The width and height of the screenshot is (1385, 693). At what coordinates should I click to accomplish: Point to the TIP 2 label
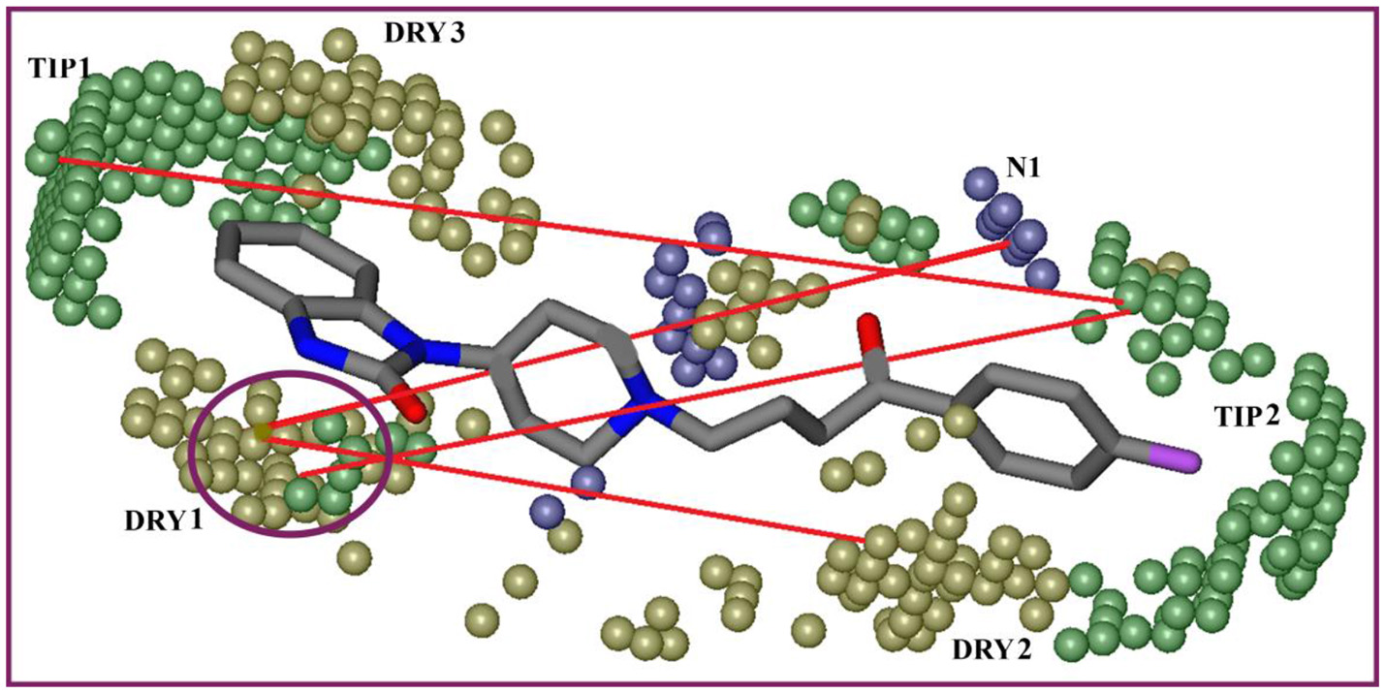coord(1247,417)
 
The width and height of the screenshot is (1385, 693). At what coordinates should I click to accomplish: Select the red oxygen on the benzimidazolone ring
coord(412,405)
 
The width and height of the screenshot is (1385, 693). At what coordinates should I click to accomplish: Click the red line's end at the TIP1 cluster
coord(60,160)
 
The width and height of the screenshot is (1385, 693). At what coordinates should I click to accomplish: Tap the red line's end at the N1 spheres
coord(1001,245)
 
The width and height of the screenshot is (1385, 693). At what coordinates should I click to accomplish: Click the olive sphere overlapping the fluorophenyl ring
coord(959,420)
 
